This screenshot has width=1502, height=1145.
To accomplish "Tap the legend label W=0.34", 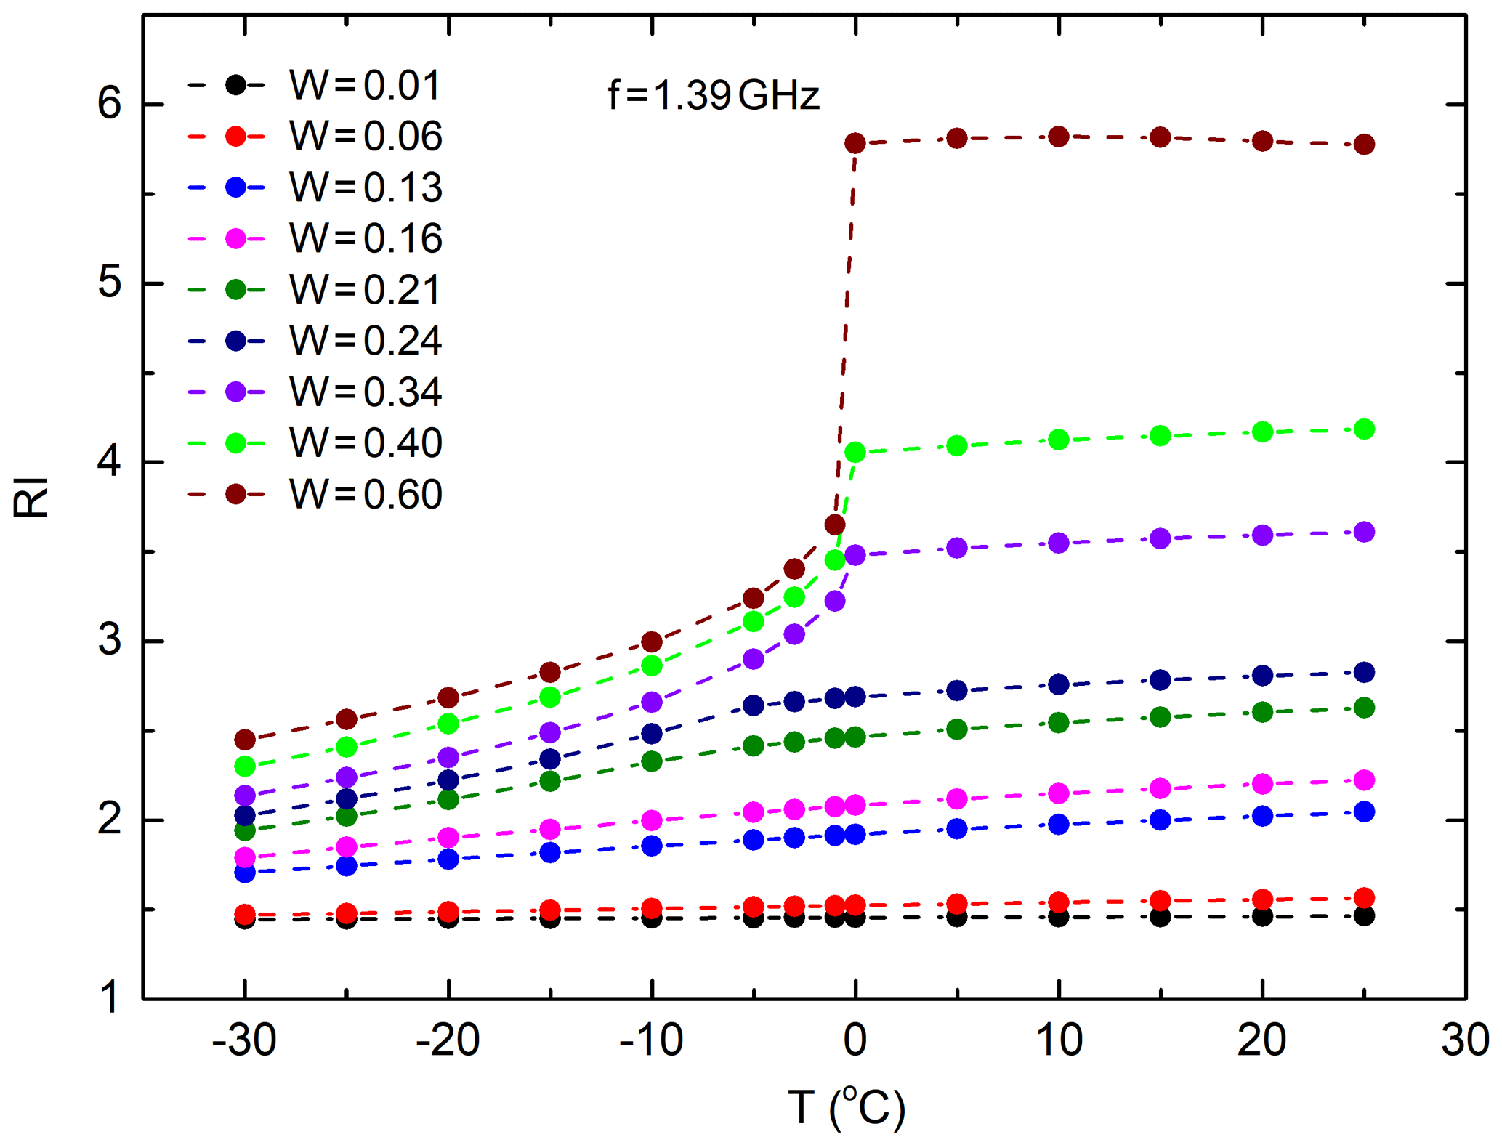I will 365,392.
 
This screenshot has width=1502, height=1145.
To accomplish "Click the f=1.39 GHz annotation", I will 714,95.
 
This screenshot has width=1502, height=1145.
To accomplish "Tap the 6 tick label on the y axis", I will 110,104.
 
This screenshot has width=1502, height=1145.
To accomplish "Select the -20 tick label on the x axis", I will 448,1040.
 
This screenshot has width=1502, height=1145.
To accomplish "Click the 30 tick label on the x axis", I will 1465,1040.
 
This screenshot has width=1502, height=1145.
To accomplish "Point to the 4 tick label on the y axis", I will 110,462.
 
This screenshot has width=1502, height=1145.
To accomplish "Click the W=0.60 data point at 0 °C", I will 855,143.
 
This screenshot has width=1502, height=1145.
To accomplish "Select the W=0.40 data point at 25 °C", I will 1364,429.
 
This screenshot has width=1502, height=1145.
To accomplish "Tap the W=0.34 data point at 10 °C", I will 1059,543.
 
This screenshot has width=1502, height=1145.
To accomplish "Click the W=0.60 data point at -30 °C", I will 245,740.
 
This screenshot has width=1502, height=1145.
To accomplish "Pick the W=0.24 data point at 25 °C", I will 1364,672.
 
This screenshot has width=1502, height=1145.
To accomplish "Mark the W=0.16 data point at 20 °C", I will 1263,784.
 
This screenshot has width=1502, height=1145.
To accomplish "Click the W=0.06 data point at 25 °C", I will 1364,897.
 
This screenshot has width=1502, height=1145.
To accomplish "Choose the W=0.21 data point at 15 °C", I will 1160,717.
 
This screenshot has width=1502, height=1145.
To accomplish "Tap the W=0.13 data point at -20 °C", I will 448,859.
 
